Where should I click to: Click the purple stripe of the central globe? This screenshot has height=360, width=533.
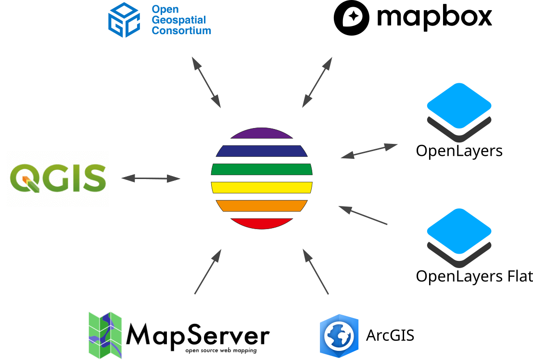262,133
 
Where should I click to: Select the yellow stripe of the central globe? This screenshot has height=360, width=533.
262,187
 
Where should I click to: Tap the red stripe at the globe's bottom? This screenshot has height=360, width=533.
262,223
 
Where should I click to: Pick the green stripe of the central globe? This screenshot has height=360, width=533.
262,169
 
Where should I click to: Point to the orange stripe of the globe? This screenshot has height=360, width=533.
262,206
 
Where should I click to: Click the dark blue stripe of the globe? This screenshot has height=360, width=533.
262,151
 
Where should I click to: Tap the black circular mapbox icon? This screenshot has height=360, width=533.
352,18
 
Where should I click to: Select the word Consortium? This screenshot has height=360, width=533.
181,30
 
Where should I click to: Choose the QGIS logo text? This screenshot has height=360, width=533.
58,179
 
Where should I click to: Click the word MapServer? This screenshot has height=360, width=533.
198,334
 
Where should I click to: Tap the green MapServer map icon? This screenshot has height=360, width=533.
105,334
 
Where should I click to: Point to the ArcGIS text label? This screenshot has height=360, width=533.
390,335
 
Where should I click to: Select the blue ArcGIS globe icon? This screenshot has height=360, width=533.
339,335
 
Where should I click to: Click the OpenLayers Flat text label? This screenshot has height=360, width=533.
474,277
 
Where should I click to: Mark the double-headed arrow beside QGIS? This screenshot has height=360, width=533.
151,179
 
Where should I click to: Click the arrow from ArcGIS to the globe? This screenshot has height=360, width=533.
316,271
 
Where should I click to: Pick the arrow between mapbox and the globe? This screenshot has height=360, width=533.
317,82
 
